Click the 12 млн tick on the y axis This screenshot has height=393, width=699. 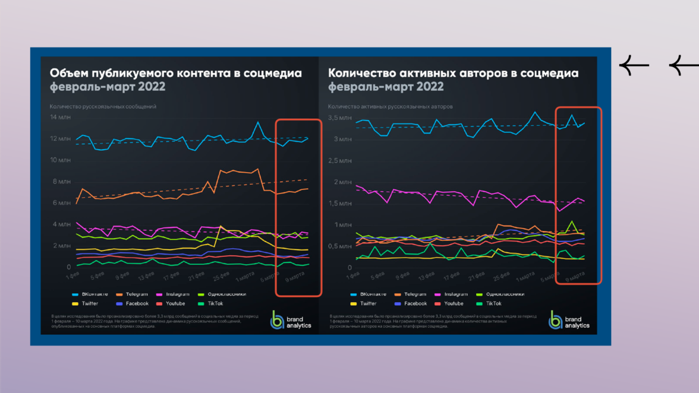coord(60,139)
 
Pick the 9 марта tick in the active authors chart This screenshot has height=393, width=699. coord(575,277)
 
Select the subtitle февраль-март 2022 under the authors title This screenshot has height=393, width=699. coord(386,87)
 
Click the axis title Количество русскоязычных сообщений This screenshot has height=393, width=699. coord(103,107)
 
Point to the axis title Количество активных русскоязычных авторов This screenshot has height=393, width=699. coord(391,107)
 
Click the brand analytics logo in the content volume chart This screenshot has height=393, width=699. coord(288,319)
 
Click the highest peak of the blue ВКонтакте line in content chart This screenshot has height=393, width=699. coord(258,122)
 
